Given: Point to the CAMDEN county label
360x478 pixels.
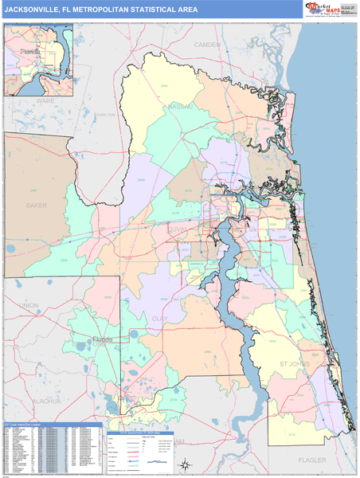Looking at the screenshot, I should point(206,45).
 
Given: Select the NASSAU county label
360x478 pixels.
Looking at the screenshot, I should point(180,104).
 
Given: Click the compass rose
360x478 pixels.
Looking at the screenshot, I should point(184,464).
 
